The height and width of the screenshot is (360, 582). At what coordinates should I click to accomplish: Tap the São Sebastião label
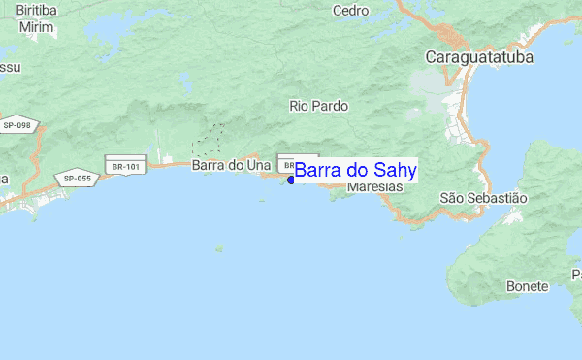(483, 197)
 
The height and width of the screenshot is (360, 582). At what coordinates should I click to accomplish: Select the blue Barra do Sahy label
(356, 171)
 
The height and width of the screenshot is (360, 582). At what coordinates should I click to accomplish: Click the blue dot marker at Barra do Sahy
(291, 180)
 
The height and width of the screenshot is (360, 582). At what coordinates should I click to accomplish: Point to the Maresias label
(373, 185)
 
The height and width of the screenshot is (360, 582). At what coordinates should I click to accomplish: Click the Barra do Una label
(231, 165)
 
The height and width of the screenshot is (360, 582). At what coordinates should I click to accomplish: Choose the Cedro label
(350, 11)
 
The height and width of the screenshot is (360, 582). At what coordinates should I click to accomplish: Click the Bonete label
(528, 286)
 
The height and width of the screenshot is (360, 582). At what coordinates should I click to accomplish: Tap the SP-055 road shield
(78, 178)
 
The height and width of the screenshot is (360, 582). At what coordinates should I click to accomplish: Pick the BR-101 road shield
(126, 166)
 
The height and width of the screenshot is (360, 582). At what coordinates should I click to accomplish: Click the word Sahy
(395, 171)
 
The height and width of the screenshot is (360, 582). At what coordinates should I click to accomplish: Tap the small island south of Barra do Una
(260, 201)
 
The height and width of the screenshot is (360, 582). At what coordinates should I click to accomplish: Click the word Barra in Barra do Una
(209, 165)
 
